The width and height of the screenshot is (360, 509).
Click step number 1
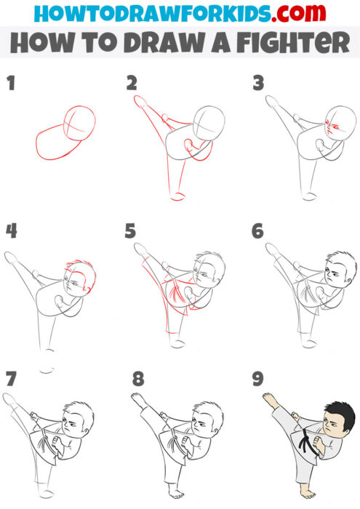point(10,83)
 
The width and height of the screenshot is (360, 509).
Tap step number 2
point(131,83)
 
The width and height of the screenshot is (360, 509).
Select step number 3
point(257,83)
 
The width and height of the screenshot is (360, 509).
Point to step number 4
point(10,231)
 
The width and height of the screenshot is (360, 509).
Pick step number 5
point(131,231)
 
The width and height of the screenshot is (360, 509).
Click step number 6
point(257,231)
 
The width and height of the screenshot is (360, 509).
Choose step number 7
point(10,379)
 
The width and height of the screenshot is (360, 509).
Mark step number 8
point(138,379)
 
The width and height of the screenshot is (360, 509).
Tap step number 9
point(257,379)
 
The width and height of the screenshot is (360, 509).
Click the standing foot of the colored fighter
point(304,498)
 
